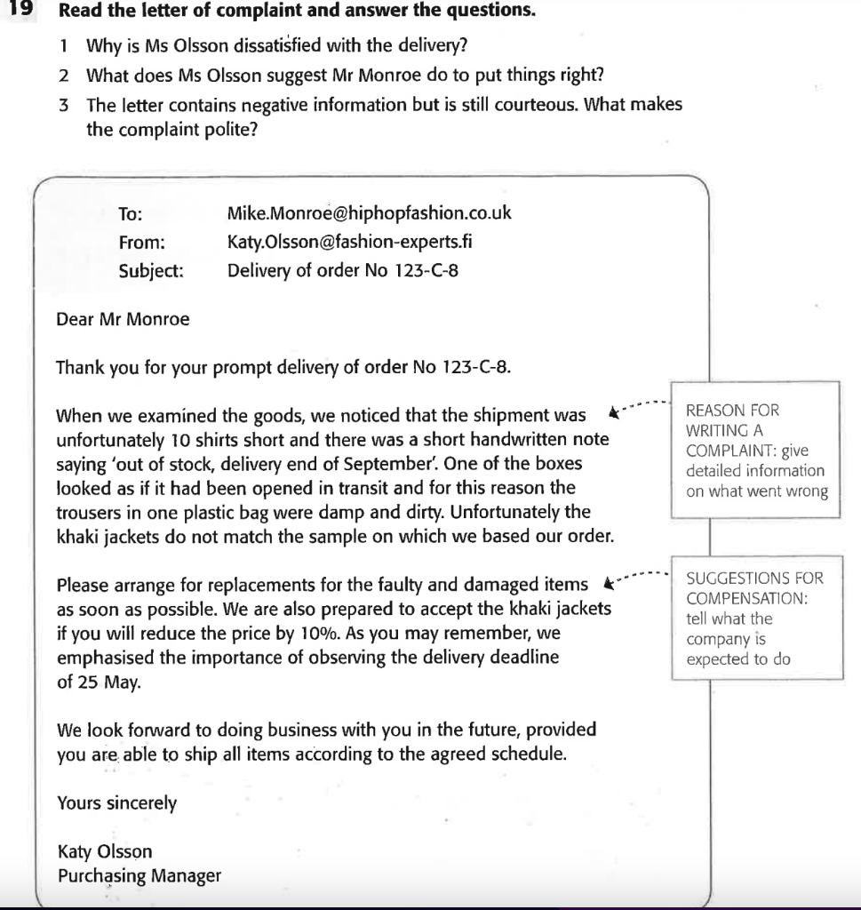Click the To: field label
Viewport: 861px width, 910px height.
[x=131, y=214]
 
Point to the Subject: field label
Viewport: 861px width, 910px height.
[x=151, y=271]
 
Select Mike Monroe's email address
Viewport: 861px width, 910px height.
[x=369, y=214]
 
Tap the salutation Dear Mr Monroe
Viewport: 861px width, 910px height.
[x=123, y=320]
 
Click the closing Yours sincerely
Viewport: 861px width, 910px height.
[x=116, y=803]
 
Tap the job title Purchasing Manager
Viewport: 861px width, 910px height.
[x=139, y=875]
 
